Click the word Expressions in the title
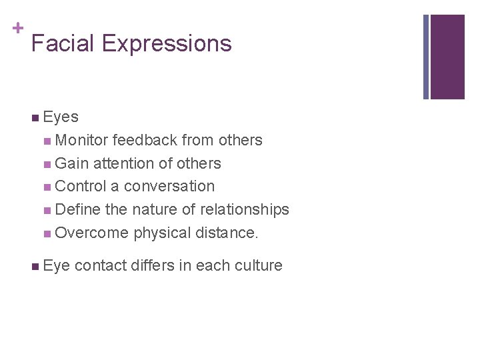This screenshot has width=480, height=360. [x=167, y=45]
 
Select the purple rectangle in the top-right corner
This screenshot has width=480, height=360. [x=447, y=57]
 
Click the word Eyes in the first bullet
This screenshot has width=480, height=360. [x=61, y=117]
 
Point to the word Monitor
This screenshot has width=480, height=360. [x=83, y=140]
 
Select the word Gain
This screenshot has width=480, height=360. [x=72, y=163]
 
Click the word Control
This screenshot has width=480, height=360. [x=81, y=186]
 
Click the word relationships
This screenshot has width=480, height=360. [x=244, y=209]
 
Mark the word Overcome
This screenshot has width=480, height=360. [x=91, y=233]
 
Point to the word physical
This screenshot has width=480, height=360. [x=162, y=233]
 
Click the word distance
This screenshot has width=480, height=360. [x=227, y=233]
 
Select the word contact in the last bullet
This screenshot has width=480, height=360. [x=101, y=265]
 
